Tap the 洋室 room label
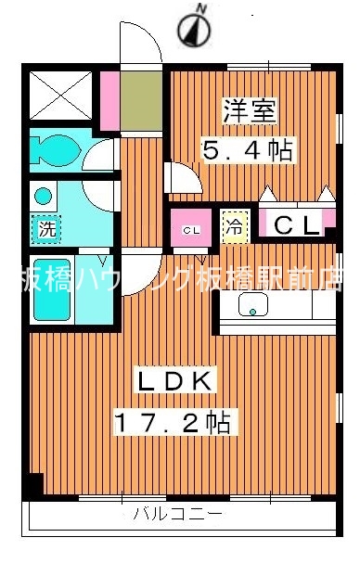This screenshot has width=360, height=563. (248, 111)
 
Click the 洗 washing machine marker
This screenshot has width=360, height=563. (44, 226)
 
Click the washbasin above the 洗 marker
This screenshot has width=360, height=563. (43, 196)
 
